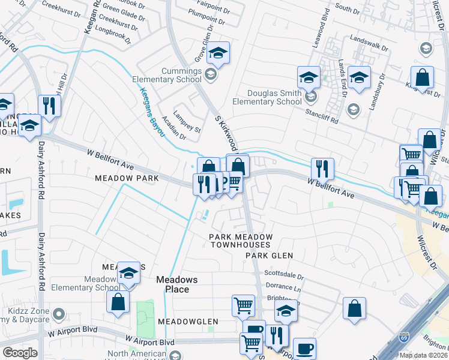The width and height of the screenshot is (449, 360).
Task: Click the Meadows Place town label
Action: tap(172, 284)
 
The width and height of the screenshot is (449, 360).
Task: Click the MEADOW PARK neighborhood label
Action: tap(127, 178)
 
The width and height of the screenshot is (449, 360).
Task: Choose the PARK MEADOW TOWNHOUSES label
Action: tap(240, 241)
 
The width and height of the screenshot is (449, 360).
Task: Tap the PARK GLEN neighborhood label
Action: tap(269, 256)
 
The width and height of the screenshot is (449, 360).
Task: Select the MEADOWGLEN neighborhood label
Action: tap(188, 322)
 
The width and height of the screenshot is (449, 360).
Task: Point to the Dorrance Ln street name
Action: tap(283, 287)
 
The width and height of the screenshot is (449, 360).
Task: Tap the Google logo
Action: tap(20, 353)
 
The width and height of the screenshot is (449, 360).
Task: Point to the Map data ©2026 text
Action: tap(423, 355)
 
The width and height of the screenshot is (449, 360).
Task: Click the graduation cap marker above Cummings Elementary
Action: tap(219, 53)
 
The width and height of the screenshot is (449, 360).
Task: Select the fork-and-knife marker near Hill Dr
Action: tap(49, 106)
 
